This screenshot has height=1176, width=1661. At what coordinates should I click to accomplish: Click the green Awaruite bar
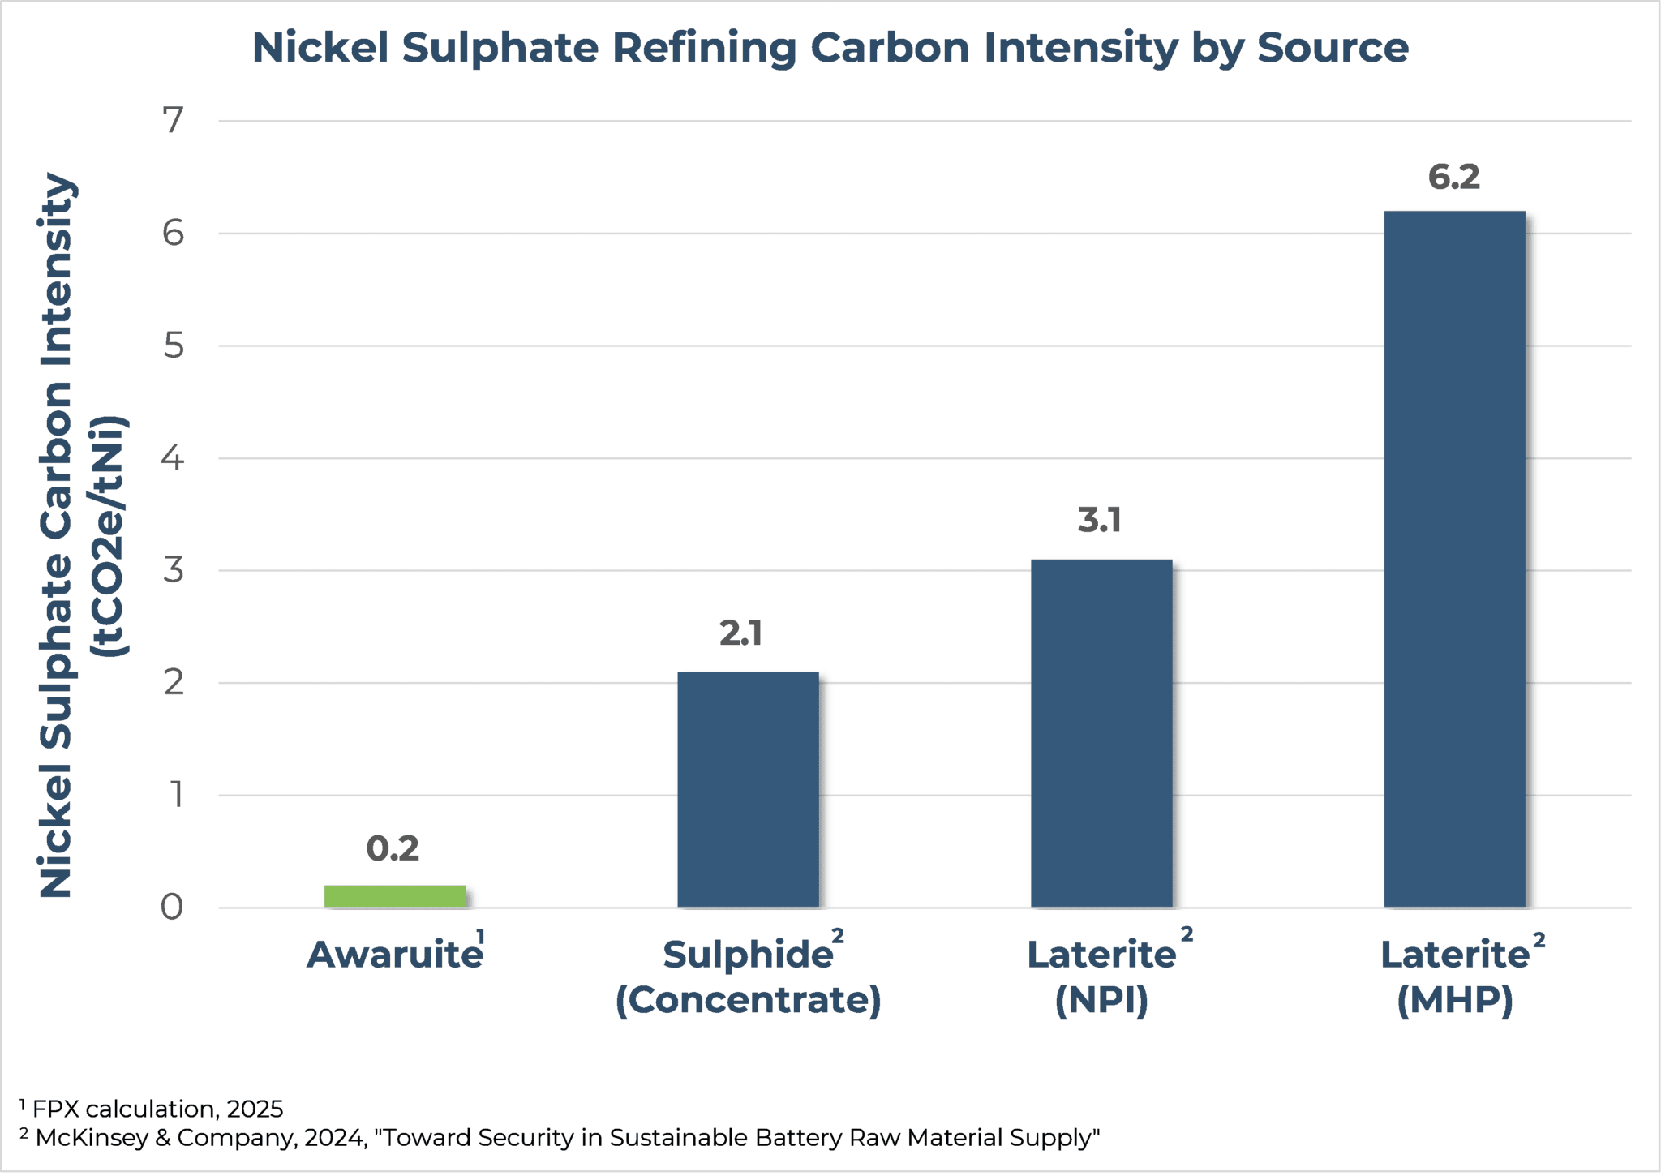(395, 896)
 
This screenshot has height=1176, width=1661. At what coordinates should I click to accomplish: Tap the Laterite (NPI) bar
(1101, 733)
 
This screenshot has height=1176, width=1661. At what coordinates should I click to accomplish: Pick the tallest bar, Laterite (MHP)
(1454, 559)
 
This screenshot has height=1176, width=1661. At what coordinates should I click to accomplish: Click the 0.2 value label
(393, 849)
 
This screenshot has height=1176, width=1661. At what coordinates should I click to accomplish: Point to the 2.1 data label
(740, 633)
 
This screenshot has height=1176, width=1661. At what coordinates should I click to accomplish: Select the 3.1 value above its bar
(1099, 520)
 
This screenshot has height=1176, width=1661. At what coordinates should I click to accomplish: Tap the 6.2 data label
(1453, 177)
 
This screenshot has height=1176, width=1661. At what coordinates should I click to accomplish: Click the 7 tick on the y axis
(173, 121)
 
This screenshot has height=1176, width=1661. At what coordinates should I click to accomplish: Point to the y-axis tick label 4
(173, 458)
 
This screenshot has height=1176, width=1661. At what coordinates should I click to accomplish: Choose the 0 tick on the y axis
(172, 908)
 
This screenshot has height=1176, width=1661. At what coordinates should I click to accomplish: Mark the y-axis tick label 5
(173, 346)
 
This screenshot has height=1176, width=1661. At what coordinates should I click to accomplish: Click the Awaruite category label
(394, 955)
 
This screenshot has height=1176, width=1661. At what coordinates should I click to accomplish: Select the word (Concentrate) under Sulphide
(748, 1000)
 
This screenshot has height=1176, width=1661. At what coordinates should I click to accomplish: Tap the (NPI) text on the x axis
(1101, 1000)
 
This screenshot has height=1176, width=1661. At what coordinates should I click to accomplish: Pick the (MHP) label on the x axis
(1454, 1000)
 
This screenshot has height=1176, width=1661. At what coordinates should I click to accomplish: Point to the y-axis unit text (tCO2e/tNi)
(109, 535)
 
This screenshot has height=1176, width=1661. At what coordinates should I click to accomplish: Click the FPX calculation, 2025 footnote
(157, 1109)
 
